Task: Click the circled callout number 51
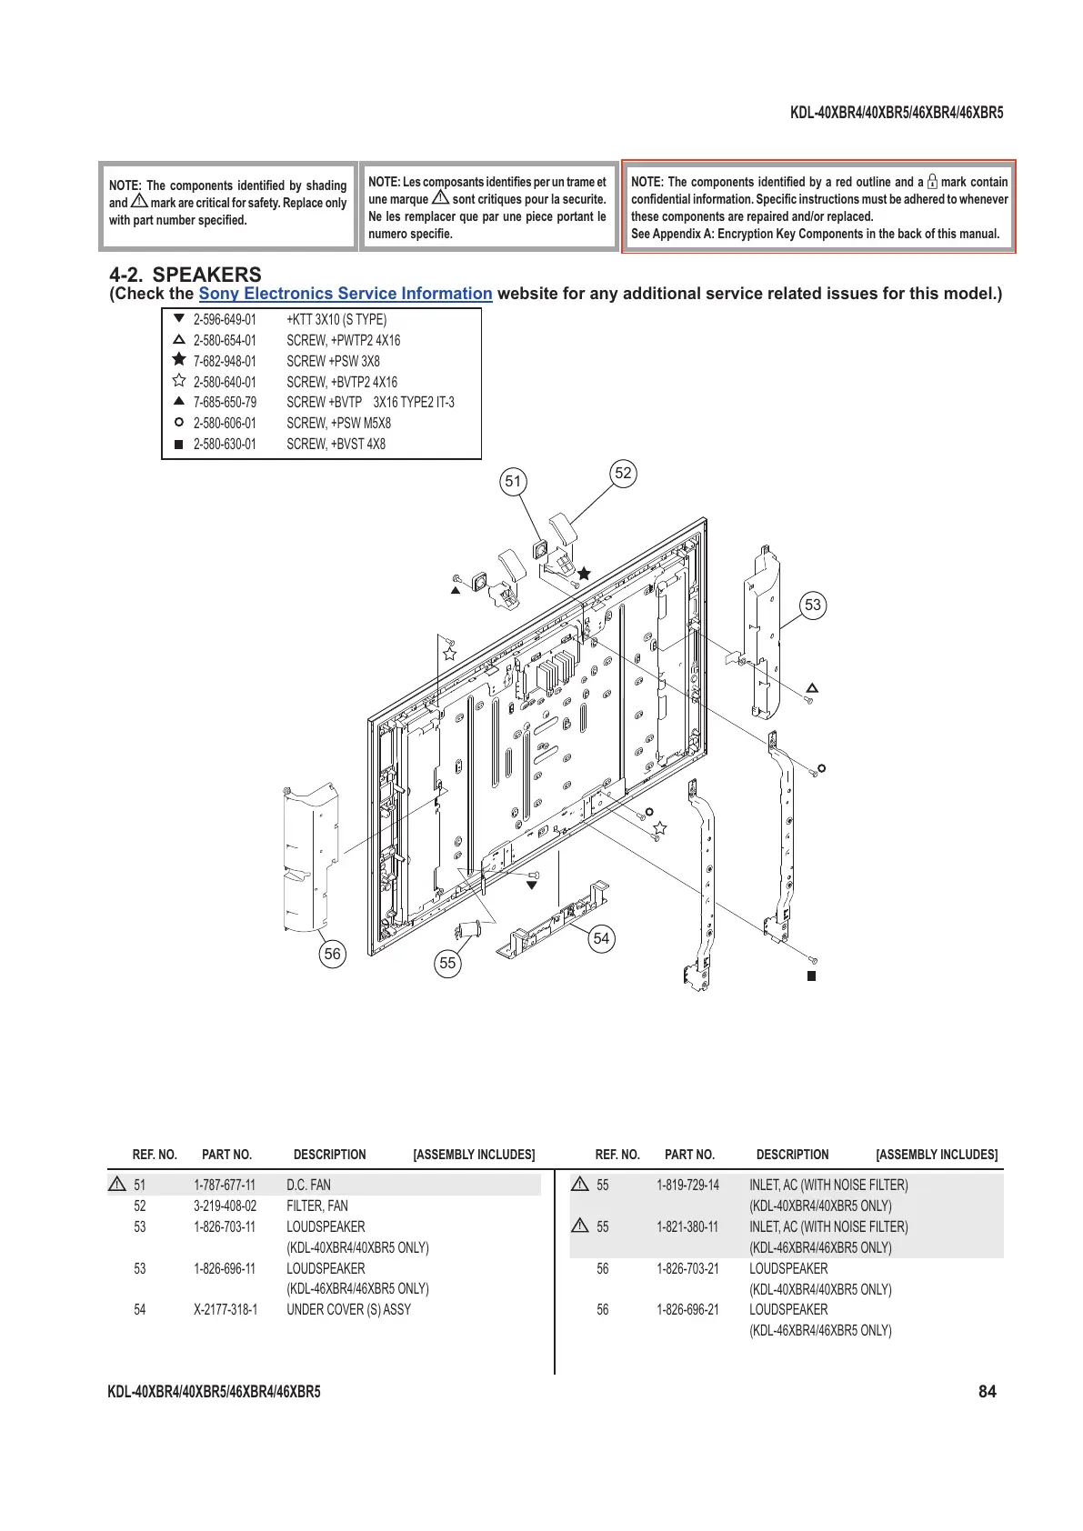pos(514,482)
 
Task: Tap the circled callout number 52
pos(623,473)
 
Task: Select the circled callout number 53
pos(813,605)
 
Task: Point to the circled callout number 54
pos(601,939)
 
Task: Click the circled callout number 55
pos(447,964)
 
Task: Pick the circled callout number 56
pos(333,954)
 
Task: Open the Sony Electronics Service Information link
pos(346,294)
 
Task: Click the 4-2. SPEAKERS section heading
pos(186,275)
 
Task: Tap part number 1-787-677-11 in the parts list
pos(225,1186)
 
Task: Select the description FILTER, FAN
pos(317,1206)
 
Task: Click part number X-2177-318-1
pos(226,1310)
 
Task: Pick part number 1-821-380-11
pos(687,1227)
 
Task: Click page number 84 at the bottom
pos(988,1392)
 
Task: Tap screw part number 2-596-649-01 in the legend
pos(225,320)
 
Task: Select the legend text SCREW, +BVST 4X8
pos(336,445)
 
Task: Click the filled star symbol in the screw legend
pos(179,360)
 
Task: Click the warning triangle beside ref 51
pos(117,1185)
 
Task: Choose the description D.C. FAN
pos(309,1186)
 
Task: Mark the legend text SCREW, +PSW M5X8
pos(338,424)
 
